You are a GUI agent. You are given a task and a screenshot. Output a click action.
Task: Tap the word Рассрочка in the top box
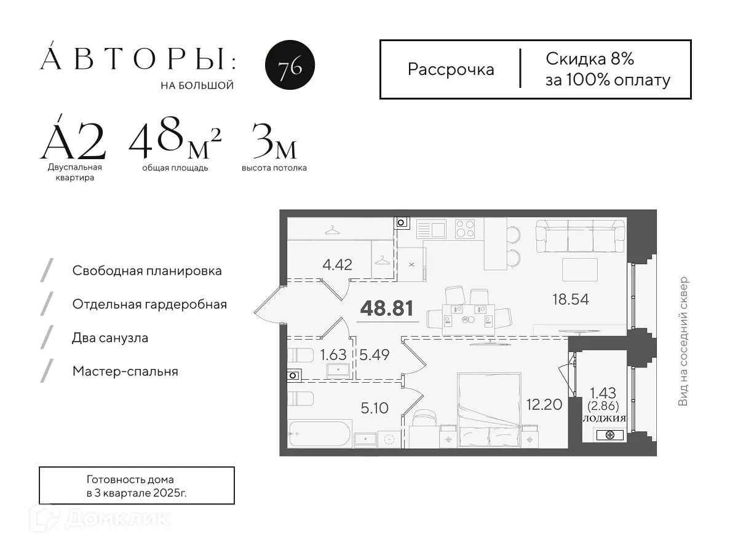tap(451, 69)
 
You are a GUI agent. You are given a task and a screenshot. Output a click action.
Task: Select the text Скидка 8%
tap(589, 59)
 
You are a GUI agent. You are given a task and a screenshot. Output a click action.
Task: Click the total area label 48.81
tap(386, 308)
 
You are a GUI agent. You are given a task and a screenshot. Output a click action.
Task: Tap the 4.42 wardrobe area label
tap(337, 265)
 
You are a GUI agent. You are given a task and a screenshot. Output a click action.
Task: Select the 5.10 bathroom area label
tap(375, 408)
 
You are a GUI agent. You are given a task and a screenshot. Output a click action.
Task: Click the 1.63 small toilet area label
tap(333, 355)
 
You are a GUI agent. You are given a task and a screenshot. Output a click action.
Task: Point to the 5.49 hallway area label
tap(375, 355)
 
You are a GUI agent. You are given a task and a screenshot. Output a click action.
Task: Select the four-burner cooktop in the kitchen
tap(465, 229)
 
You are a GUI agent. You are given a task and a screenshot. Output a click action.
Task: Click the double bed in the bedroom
tap(489, 409)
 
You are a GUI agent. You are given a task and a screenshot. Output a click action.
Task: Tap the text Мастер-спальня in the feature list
tap(125, 371)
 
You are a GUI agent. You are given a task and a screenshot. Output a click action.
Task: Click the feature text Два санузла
tap(110, 338)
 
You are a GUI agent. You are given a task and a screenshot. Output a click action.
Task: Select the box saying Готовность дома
tap(137, 485)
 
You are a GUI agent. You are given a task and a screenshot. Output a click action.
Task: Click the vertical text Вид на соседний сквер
tap(683, 342)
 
